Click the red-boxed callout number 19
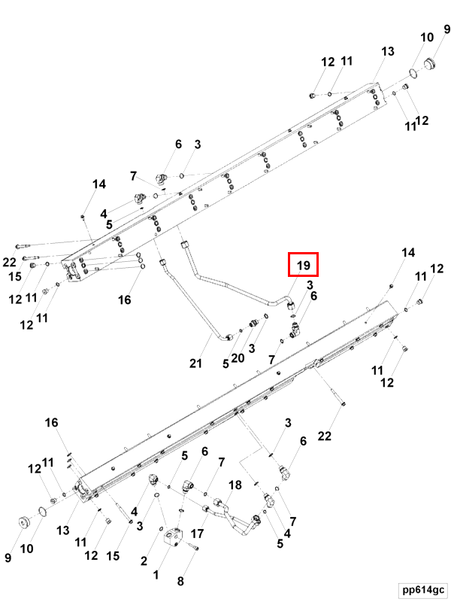303,266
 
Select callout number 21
196,363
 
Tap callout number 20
238,359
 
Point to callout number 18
235,485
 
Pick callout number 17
198,534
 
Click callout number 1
156,575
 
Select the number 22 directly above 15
9,262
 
